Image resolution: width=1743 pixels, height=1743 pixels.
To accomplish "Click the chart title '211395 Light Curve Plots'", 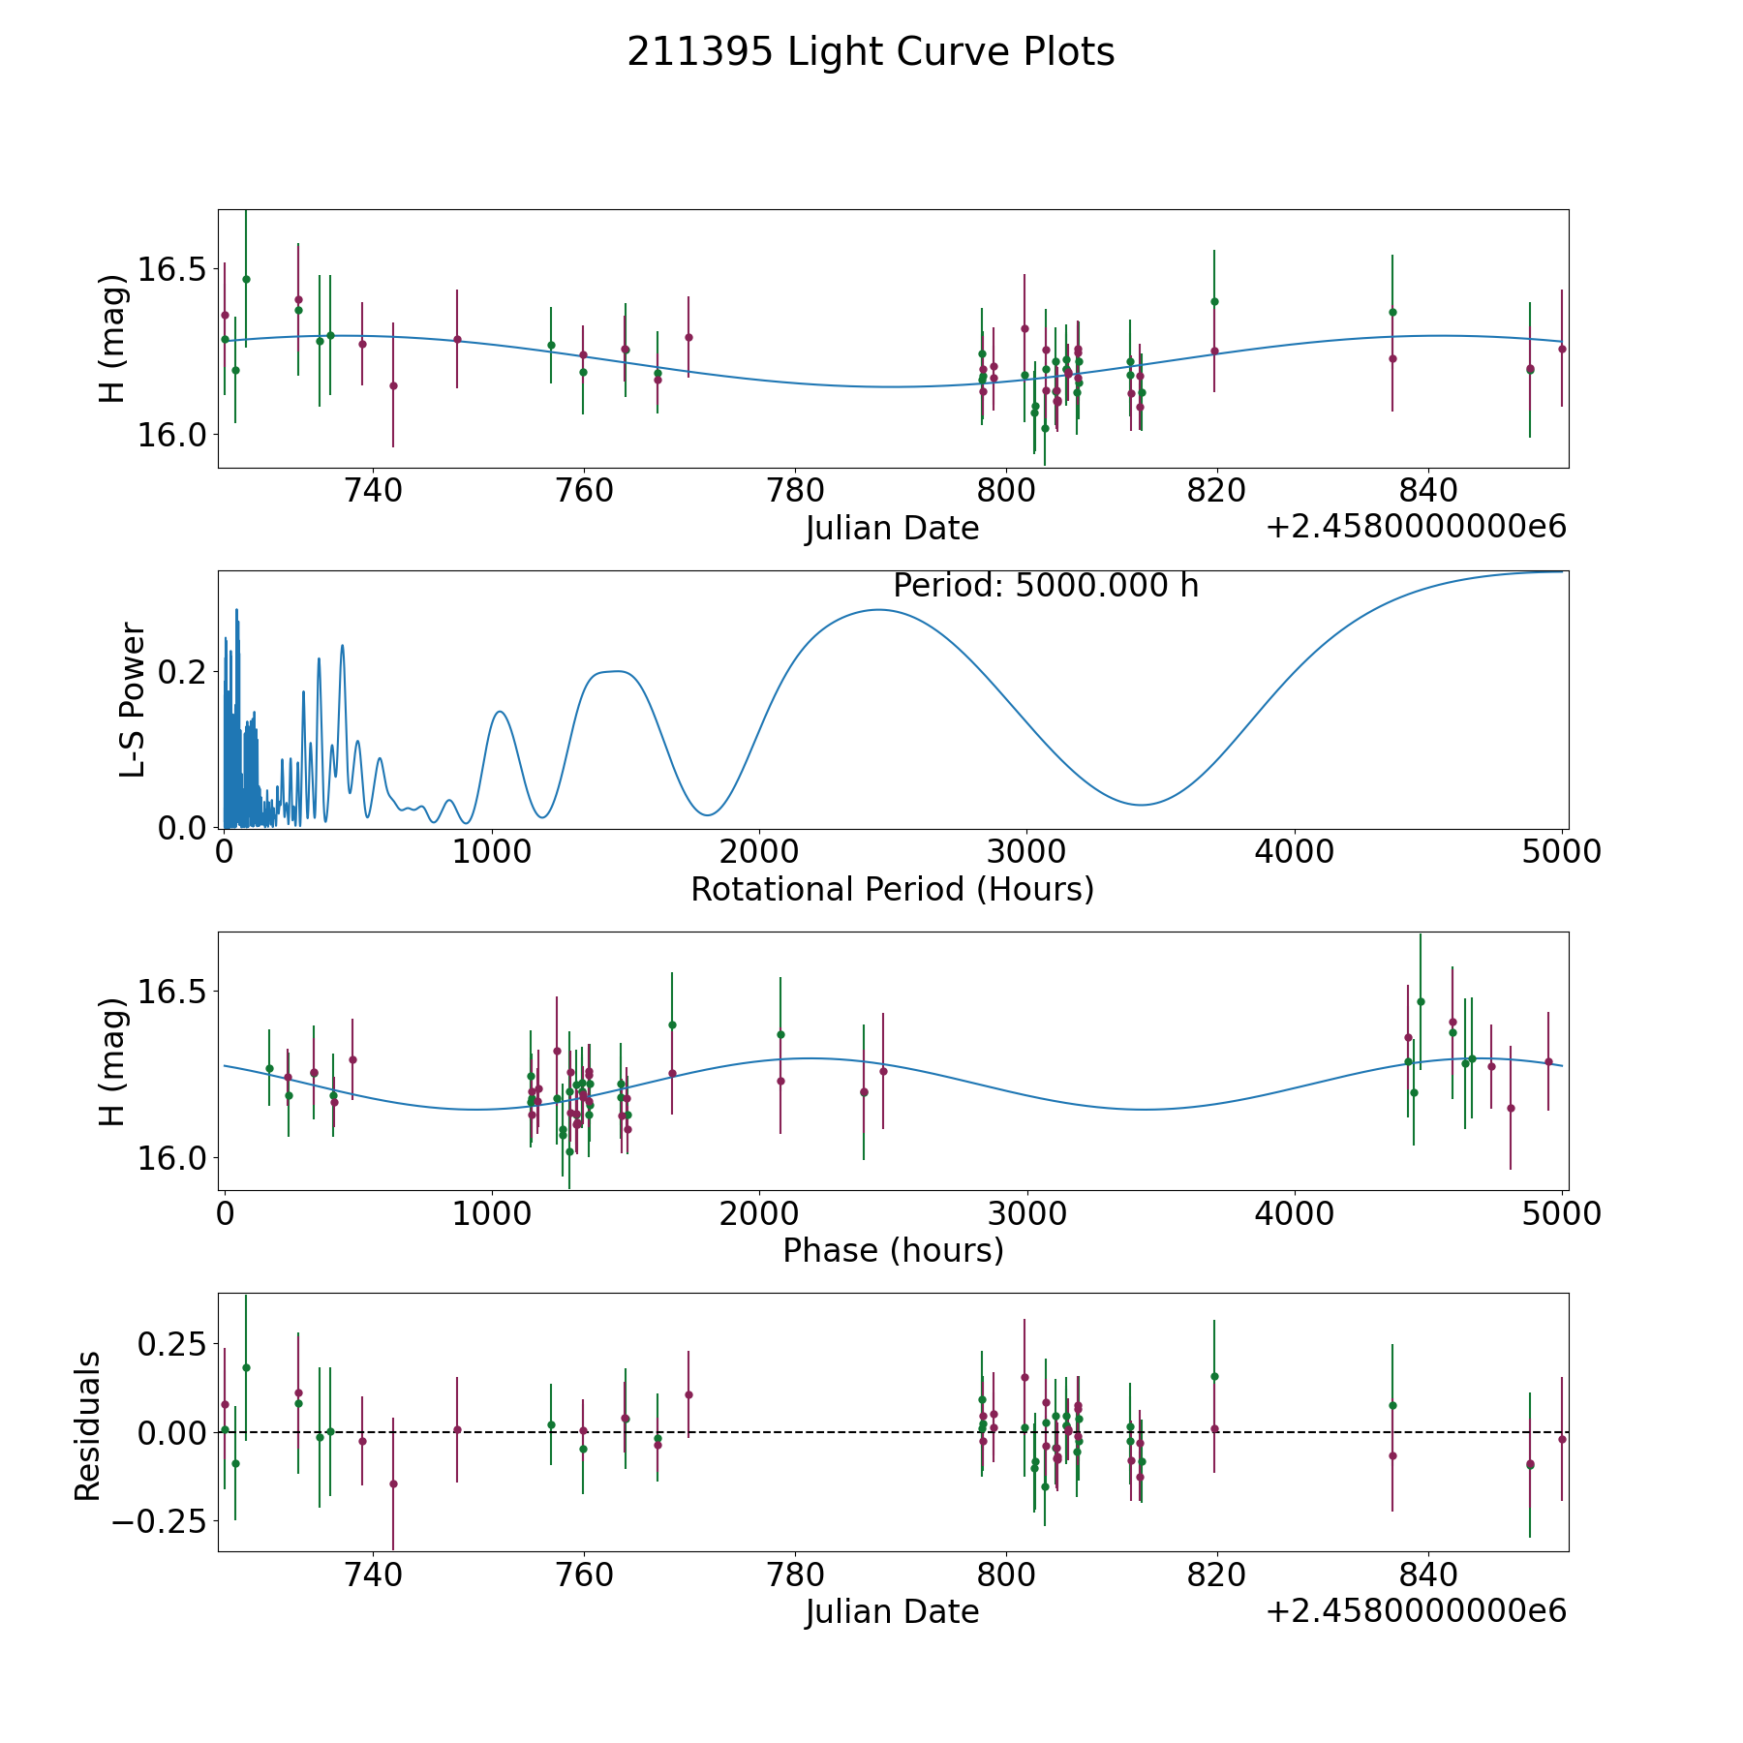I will [871, 52].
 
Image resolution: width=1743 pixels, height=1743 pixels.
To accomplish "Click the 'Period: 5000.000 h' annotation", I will [1046, 586].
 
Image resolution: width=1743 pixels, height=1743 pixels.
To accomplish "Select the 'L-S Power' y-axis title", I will [133, 699].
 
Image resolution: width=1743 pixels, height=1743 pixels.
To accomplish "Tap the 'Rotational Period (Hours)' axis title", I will [892, 889].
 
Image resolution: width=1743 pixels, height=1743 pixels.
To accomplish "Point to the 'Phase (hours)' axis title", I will [892, 1250].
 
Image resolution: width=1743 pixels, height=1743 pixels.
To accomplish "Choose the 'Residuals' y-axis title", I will [88, 1425].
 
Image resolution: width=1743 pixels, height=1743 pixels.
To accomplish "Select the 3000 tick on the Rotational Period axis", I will [1025, 852].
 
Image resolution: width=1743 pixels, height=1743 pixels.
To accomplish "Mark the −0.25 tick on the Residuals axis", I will [158, 1521].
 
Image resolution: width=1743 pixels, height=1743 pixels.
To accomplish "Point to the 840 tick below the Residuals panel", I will [1428, 1575].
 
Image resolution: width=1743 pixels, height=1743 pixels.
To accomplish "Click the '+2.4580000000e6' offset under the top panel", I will [1416, 528].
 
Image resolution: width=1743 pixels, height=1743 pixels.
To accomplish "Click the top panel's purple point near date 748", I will [457, 339].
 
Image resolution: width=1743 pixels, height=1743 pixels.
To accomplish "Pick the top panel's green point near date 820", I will [1214, 301].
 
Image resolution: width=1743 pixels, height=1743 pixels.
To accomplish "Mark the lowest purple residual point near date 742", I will [393, 1483].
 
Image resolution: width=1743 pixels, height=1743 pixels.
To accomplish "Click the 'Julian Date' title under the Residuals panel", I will [892, 1612].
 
